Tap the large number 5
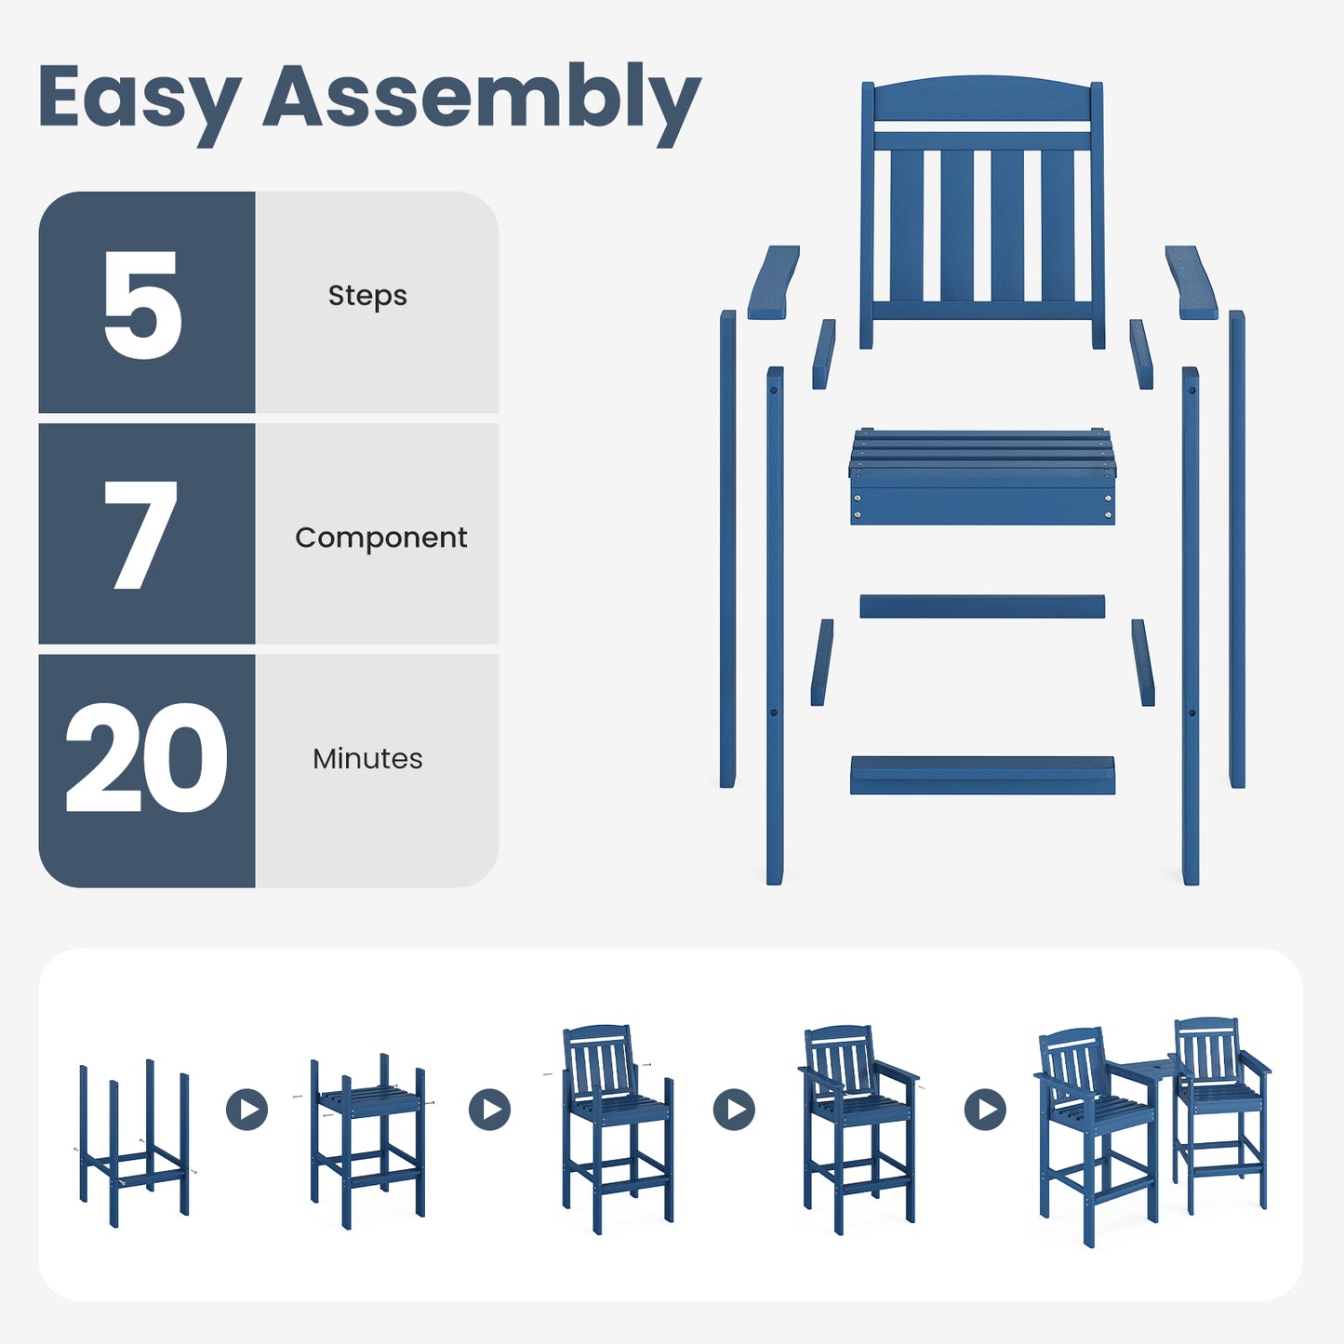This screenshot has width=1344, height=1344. [x=142, y=304]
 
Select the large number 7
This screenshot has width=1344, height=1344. [x=140, y=535]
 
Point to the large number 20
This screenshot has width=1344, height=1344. [x=146, y=758]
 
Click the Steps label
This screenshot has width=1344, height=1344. [x=367, y=296]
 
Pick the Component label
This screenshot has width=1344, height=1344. [x=380, y=538]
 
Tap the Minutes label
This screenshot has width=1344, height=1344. [x=367, y=759]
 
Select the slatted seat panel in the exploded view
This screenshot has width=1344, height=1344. [x=982, y=477]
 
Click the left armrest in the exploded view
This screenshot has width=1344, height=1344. [x=774, y=283]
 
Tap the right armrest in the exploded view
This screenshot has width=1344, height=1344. [x=1191, y=283]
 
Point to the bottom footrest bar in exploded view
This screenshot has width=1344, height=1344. [x=982, y=776]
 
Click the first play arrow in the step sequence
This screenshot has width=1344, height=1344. [x=247, y=1109]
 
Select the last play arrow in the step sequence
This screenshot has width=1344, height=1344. [x=985, y=1109]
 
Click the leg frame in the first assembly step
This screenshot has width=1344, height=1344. [x=134, y=1144]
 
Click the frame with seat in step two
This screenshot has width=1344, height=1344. [x=369, y=1139]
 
